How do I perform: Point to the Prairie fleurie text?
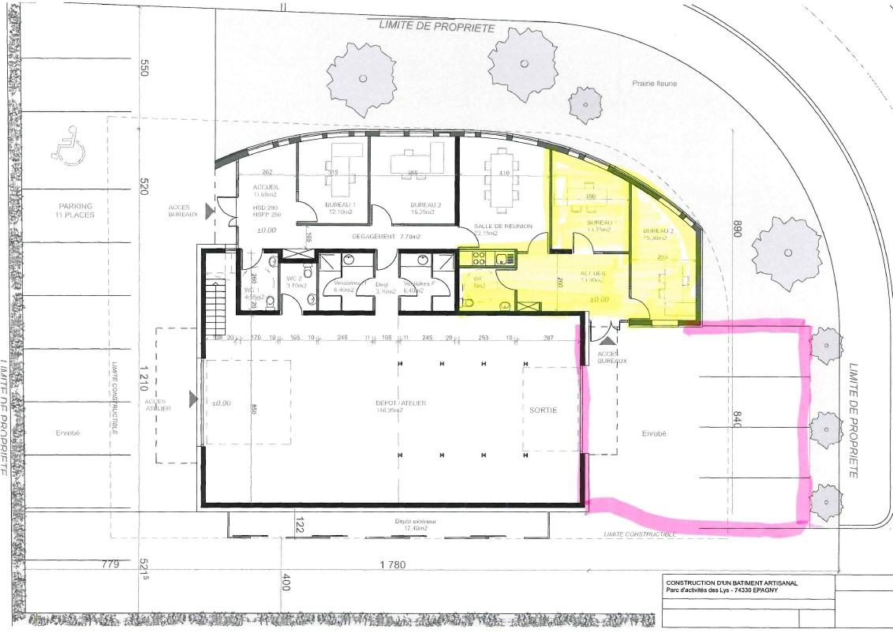pyautogui.click(x=654, y=83)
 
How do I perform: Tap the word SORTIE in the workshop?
pyautogui.click(x=543, y=410)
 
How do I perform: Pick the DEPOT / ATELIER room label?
pyautogui.click(x=401, y=406)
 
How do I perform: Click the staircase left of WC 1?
pyautogui.click(x=215, y=301)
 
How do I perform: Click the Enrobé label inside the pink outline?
pyautogui.click(x=654, y=433)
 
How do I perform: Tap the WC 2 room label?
pyautogui.click(x=293, y=281)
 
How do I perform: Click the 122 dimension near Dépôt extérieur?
pyautogui.click(x=300, y=520)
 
